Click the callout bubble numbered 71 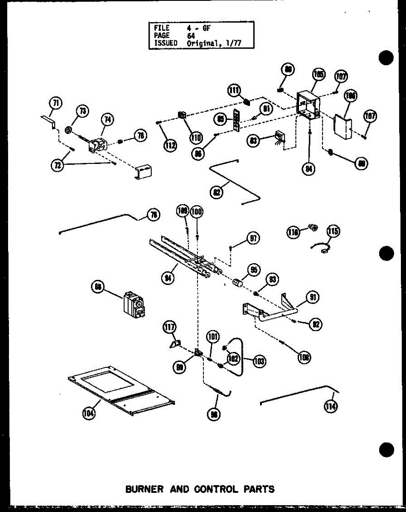tap(55, 103)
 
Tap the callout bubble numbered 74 tap(107, 120)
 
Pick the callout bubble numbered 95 tap(254, 270)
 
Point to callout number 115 tap(333, 232)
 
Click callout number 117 tap(169, 327)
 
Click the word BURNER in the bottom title tap(144, 489)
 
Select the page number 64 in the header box tap(191, 36)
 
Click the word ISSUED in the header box tap(165, 43)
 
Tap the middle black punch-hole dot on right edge tap(387, 253)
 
